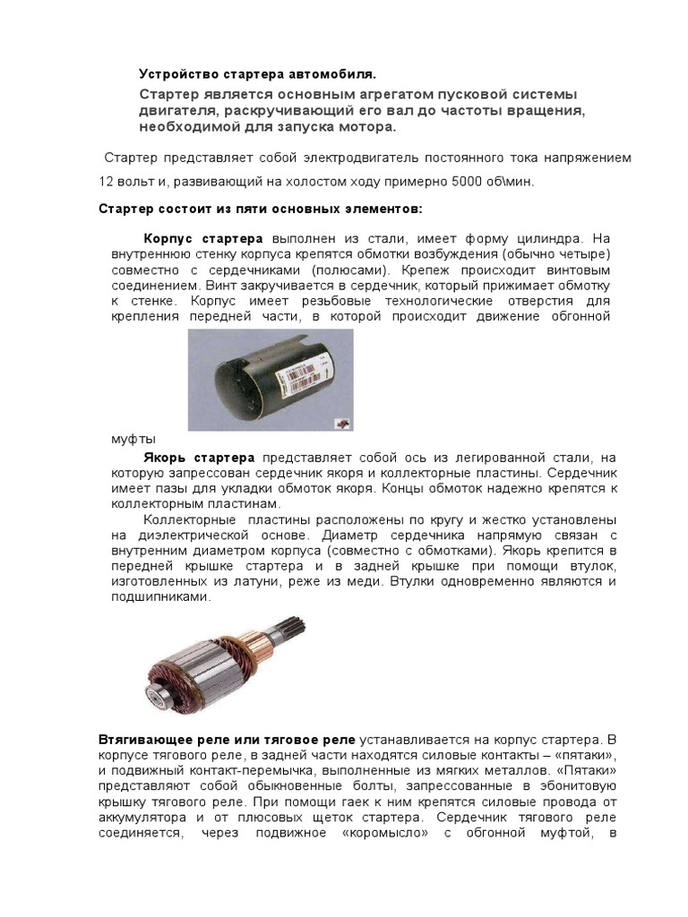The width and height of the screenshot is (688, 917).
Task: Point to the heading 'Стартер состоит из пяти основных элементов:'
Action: (x=258, y=210)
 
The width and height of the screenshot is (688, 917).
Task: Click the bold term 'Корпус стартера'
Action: (x=203, y=239)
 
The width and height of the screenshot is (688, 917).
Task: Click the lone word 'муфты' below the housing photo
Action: (x=133, y=439)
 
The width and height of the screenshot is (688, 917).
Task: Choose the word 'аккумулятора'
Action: (x=148, y=819)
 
